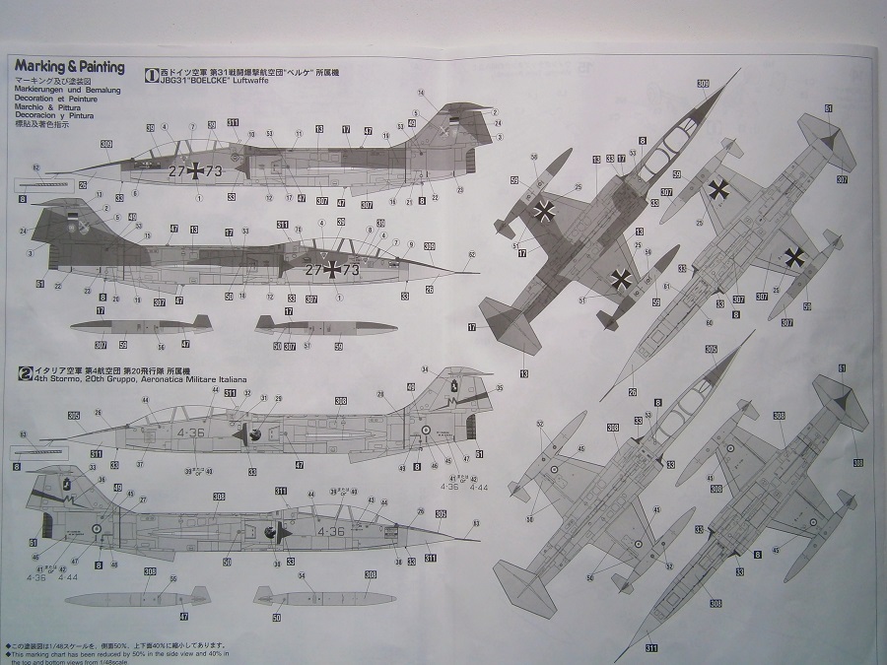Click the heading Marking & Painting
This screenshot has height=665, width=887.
click(69, 68)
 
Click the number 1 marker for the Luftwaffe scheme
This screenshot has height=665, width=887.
click(150, 73)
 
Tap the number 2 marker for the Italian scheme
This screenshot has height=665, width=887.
click(27, 371)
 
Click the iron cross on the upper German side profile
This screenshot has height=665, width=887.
click(197, 171)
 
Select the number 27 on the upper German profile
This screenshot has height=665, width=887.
click(177, 171)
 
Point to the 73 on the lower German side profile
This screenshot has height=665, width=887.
click(353, 269)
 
